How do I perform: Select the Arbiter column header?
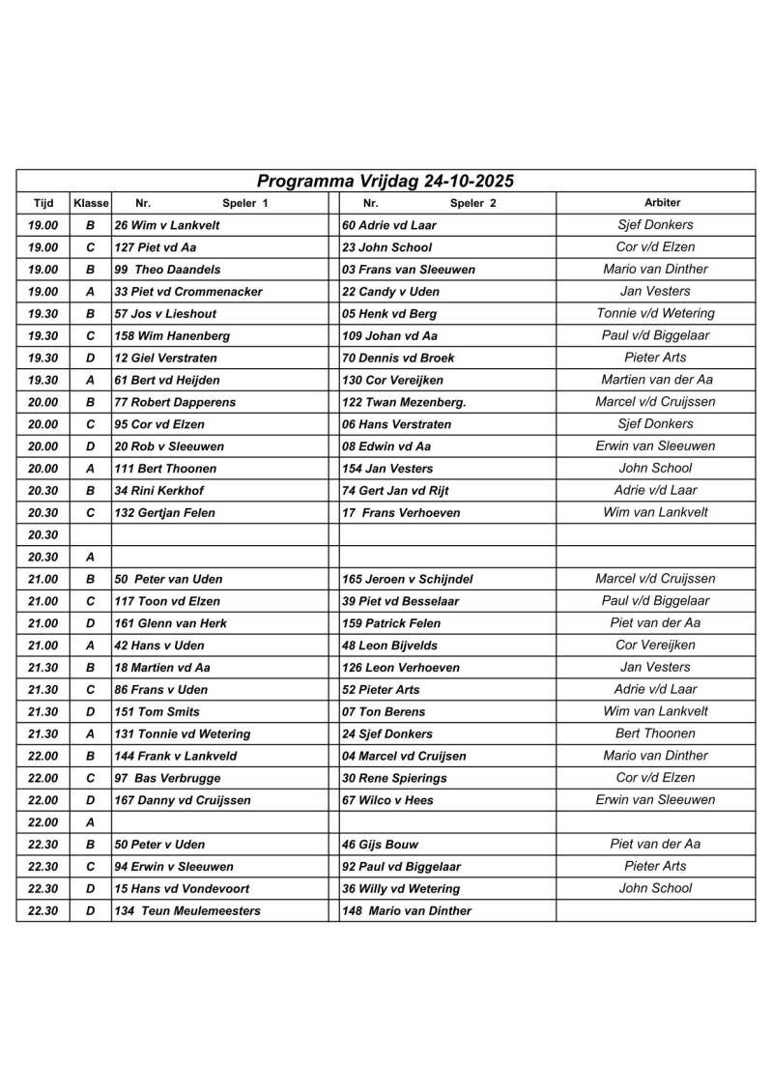[x=662, y=203]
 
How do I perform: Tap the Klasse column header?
[x=91, y=204]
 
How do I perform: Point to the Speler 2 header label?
[x=472, y=204]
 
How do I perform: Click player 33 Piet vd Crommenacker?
[x=188, y=292]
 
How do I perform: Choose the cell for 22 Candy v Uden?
[x=390, y=292]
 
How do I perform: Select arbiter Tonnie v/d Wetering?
[x=655, y=313]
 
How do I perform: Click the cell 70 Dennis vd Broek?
[x=398, y=359]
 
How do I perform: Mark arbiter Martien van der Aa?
[x=656, y=380]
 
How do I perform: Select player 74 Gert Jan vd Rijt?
[x=395, y=491]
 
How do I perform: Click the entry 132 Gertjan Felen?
[x=164, y=513]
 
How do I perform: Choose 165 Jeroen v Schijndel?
[x=408, y=580]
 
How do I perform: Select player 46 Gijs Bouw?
[x=381, y=845]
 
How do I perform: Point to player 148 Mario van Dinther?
[x=407, y=911]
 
